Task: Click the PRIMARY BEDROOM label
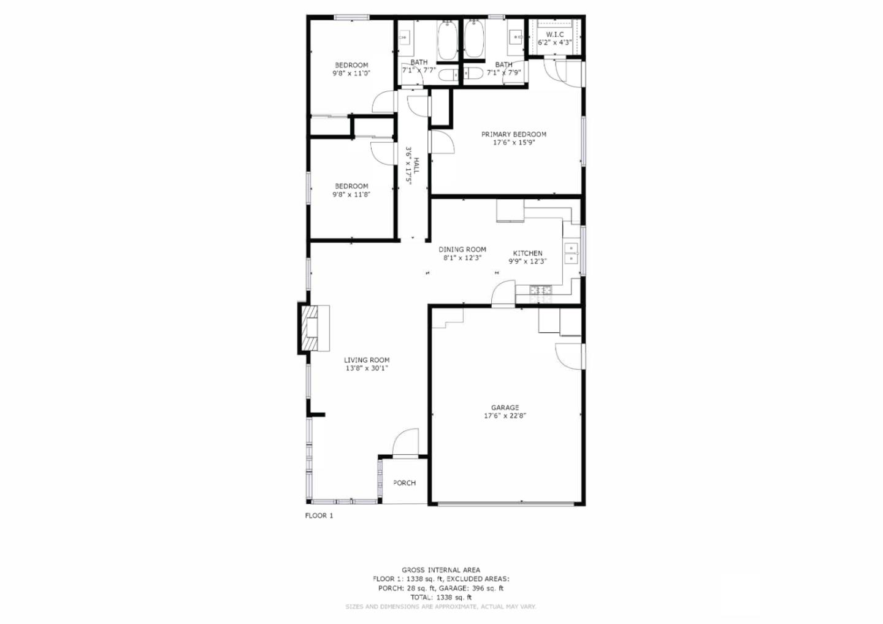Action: (514, 134)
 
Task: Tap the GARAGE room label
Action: (505, 408)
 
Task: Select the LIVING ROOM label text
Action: (367, 360)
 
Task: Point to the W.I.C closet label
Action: (554, 34)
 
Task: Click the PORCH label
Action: (405, 482)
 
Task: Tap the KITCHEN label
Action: (527, 253)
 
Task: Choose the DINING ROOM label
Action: (462, 249)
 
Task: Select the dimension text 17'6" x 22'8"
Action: (505, 416)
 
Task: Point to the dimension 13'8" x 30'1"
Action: (367, 368)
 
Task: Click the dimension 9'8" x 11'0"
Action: (351, 74)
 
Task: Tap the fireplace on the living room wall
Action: (314, 328)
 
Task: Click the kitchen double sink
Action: (571, 253)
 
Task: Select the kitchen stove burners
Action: (541, 291)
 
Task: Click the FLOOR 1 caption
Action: (319, 516)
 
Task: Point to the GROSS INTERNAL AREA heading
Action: (441, 569)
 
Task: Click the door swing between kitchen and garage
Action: (503, 292)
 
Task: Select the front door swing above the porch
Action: (405, 441)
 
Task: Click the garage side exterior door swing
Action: (569, 356)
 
